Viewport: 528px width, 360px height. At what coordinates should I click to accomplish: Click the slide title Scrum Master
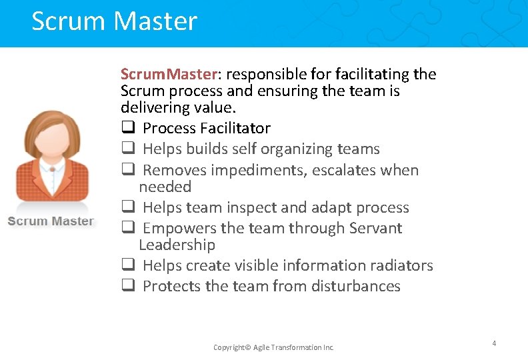click(114, 21)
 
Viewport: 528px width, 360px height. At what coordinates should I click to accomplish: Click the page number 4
click(494, 343)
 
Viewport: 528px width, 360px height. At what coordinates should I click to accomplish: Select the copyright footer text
click(273, 347)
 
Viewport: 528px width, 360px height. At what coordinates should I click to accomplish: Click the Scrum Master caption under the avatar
click(51, 221)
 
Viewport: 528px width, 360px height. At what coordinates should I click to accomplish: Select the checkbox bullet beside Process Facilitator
click(127, 129)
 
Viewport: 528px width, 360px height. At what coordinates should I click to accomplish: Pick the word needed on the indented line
click(165, 187)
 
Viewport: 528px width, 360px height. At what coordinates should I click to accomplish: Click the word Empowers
click(179, 229)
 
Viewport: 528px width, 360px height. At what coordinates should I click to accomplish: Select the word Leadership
click(177, 245)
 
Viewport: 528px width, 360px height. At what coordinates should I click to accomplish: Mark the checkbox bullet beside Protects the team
click(127, 287)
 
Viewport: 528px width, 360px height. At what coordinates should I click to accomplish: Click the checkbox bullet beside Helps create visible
click(127, 266)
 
